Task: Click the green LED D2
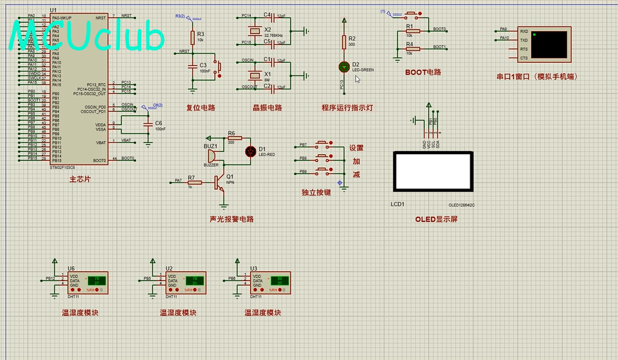coord(344,67)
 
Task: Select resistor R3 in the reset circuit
coord(192,37)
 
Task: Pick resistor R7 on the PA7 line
coord(190,181)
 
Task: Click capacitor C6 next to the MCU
coord(148,124)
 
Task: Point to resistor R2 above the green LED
coord(344,42)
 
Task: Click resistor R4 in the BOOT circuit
coord(409,48)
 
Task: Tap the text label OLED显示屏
coord(437,219)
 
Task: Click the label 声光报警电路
coord(232,219)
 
